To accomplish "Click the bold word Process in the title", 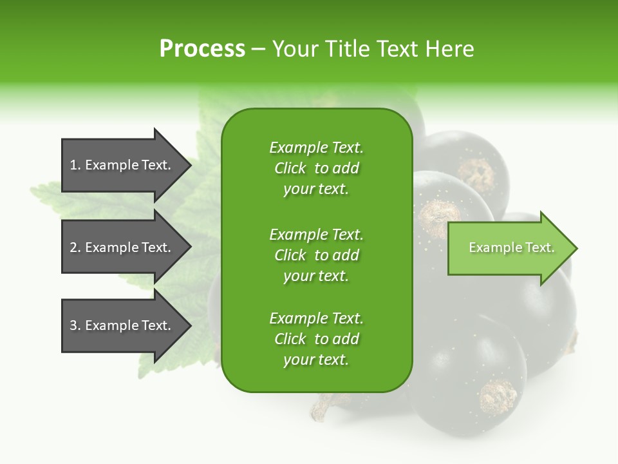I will click(202, 49).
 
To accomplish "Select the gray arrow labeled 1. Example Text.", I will click(122, 165).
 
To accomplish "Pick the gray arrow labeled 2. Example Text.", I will click(122, 247).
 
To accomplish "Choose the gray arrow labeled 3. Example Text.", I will click(122, 325).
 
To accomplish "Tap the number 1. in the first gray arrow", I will click(75, 165).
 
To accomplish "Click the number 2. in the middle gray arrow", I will click(75, 247).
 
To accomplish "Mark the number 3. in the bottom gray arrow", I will click(75, 325).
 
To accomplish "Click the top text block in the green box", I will click(316, 168).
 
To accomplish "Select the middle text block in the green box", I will click(316, 255).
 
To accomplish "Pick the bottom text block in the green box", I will click(316, 339).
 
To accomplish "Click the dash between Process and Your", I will click(258, 50).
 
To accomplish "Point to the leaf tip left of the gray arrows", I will click(32, 189).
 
